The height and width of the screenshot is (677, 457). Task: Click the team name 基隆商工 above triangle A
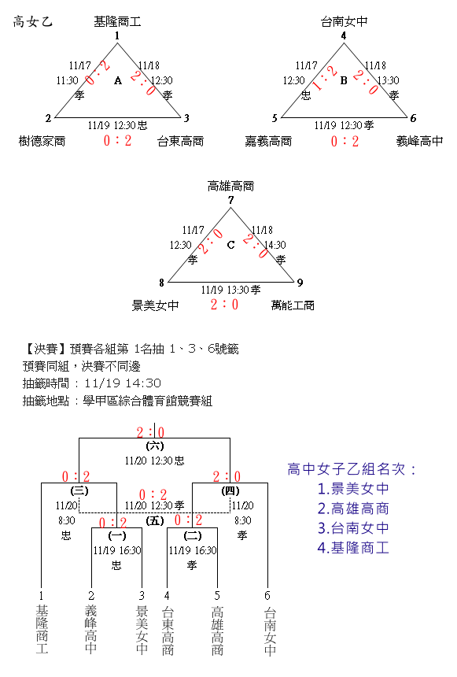[x=117, y=21]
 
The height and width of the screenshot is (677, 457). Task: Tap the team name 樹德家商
[x=42, y=141]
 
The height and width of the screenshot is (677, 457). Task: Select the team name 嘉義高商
[x=268, y=141]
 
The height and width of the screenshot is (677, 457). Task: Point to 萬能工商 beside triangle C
[x=293, y=305]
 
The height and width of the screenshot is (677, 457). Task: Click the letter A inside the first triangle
[x=118, y=80]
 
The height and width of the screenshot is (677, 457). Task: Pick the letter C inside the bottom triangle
[x=231, y=245]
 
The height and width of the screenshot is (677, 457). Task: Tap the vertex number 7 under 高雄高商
[x=231, y=200]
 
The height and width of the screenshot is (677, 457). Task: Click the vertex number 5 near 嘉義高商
[x=275, y=118]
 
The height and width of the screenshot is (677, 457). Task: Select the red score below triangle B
[x=345, y=141]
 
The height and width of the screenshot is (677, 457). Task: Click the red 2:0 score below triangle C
[x=224, y=305]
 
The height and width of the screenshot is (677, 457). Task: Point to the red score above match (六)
[x=150, y=432]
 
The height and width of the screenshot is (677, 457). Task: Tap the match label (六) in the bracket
[x=154, y=446]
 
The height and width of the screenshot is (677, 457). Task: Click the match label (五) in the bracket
[x=154, y=520]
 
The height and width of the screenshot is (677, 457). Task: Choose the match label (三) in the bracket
[x=79, y=490]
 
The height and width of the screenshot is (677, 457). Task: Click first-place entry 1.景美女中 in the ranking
[x=353, y=488]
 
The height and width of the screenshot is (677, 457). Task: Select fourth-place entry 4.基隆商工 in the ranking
[x=353, y=547]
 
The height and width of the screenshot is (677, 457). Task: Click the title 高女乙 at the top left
[x=33, y=21]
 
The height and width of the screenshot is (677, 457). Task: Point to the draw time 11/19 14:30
[x=123, y=383]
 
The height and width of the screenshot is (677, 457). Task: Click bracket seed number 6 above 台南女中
[x=267, y=596]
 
